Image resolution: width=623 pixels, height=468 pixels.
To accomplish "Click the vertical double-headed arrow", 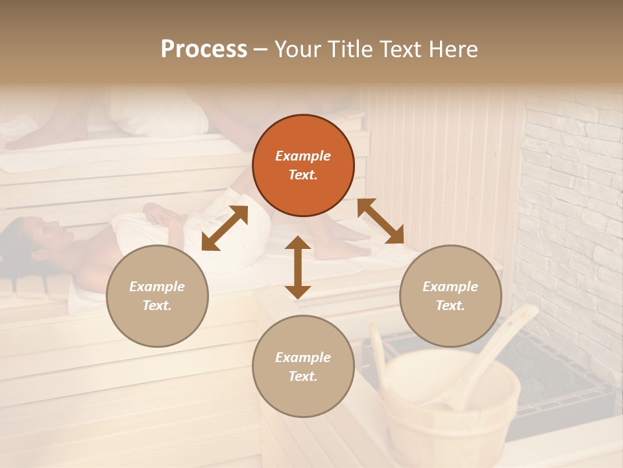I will tap(298, 268).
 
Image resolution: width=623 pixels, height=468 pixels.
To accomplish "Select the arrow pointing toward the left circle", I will tap(225, 228).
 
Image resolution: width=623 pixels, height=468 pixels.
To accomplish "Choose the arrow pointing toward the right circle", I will tap(381, 221).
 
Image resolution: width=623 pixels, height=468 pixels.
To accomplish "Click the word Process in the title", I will tap(204, 49).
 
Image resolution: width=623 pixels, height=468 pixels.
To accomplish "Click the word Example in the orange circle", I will tap(303, 156).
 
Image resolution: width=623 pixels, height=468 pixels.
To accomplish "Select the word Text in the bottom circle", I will tap(303, 376).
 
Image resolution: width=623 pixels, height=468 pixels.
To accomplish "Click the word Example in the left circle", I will tap(157, 287).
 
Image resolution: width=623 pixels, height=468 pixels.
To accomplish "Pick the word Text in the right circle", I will tap(450, 305).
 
